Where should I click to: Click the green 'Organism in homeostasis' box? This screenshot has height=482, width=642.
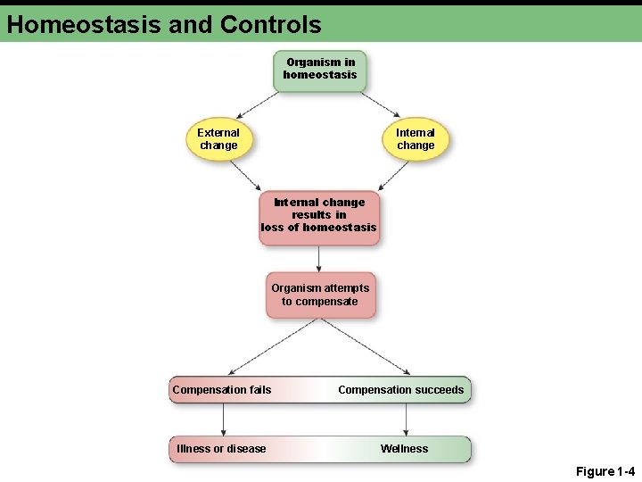[319, 70]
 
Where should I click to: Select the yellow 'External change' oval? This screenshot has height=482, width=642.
[218, 139]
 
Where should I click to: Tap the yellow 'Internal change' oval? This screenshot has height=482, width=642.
[416, 139]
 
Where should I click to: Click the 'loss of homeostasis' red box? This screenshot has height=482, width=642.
[318, 215]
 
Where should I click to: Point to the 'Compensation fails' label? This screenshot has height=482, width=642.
[222, 390]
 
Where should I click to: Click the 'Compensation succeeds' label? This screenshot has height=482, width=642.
[401, 390]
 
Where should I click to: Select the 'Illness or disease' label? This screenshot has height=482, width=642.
[221, 449]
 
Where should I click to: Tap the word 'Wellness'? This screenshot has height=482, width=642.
[404, 449]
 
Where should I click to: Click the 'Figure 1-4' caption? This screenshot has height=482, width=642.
[605, 471]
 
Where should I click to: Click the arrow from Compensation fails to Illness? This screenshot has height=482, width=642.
[223, 420]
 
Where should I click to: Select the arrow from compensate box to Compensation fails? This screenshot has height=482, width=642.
[272, 346]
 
